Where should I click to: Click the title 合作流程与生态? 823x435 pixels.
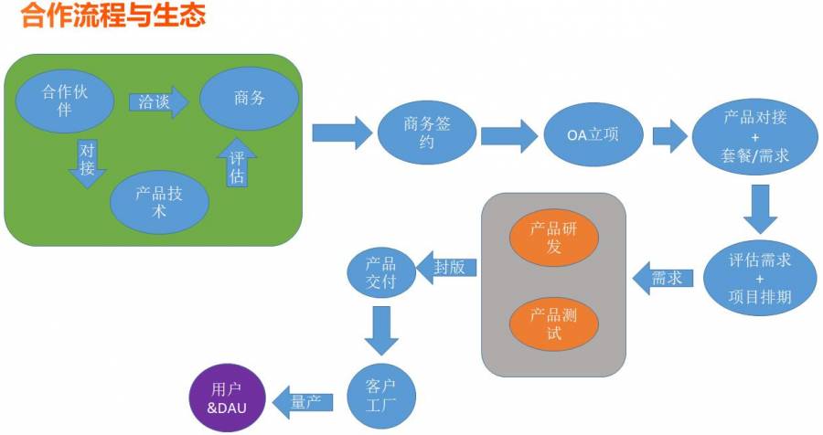coord(113,15)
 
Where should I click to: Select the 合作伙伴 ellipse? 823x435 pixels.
coord(65,101)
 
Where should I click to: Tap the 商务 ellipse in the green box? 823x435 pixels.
coord(250,98)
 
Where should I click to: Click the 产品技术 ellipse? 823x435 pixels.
coord(159,202)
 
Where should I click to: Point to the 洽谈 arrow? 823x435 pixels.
coord(159,101)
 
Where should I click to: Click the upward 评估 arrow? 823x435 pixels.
coord(237,163)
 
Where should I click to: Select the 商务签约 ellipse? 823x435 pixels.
coord(427,133)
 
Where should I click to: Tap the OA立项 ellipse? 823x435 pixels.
coord(593,135)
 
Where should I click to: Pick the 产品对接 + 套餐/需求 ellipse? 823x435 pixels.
coord(754,137)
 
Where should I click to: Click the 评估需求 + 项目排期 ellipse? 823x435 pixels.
coord(760,278)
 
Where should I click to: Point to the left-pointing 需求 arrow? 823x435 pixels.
coord(663,278)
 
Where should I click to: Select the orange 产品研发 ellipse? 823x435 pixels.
coord(554,238)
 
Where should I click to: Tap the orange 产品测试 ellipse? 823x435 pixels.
coord(554,324)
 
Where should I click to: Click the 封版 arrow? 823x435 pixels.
coord(446,268)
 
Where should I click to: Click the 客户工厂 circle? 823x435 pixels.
coord(381,396)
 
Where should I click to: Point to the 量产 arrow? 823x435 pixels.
coord(303,402)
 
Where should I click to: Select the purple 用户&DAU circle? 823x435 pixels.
coord(228,398)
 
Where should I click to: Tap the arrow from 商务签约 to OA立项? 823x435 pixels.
coord(509,136)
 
